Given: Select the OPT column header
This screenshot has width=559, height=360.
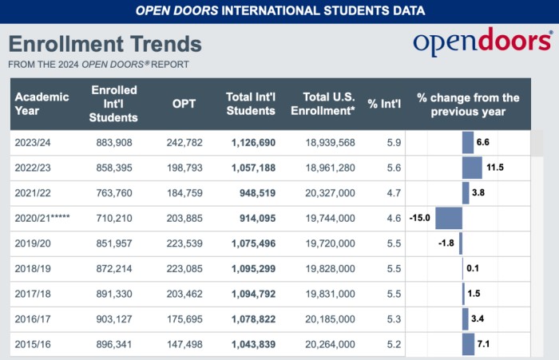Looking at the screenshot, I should pos(184,104).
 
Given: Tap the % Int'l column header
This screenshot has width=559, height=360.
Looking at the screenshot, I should pos(383,104).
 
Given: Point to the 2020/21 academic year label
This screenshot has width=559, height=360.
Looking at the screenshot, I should pos(44,218).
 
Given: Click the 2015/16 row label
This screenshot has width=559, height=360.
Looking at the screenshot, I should pos(33,344).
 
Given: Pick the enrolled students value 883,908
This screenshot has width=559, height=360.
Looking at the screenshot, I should pos(112,143).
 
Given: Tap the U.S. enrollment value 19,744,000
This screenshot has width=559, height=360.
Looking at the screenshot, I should pos(329,218).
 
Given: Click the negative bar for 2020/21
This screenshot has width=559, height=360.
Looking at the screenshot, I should pos(449,218).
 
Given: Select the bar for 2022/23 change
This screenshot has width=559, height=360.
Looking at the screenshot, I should pos(472,168).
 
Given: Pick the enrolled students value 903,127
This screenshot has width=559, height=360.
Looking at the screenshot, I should pos(112,318).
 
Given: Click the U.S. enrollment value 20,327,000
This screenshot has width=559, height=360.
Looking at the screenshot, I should pos(329,193).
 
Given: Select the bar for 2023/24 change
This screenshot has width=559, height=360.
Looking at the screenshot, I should pos(468,143).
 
